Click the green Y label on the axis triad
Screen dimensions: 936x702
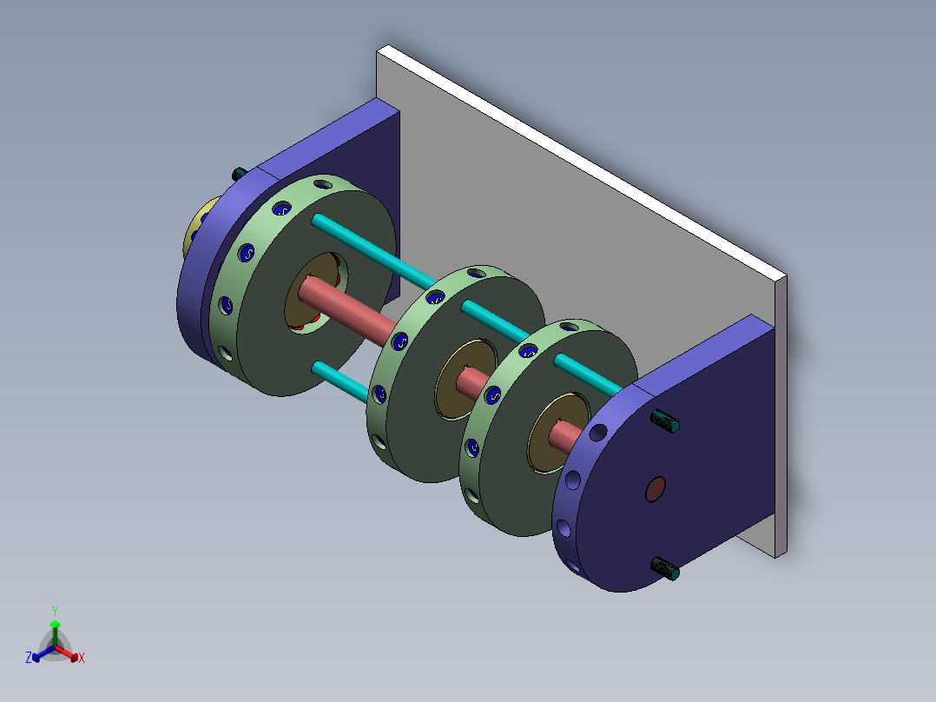coord(55,611)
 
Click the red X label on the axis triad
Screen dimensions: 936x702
coord(82,658)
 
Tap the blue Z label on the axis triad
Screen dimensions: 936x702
coord(29,658)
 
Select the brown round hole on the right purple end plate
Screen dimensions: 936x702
coord(656,489)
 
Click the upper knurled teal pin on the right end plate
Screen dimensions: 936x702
coord(665,421)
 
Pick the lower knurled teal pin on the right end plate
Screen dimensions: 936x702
coord(665,568)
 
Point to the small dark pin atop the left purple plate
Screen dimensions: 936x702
coord(240,174)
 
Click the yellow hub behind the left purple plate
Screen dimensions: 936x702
coord(198,227)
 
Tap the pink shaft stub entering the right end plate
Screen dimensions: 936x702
coord(565,435)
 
